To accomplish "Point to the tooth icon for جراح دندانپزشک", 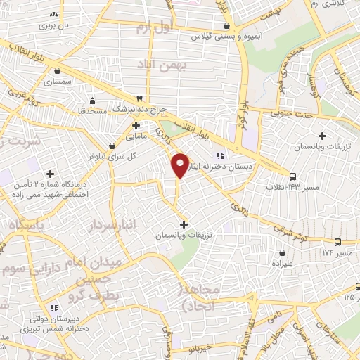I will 139,98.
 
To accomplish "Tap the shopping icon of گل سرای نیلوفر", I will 112,144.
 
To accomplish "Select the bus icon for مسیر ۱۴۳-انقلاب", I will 292,176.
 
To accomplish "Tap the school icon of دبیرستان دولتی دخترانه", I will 54,307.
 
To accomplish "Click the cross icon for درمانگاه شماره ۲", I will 50,173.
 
